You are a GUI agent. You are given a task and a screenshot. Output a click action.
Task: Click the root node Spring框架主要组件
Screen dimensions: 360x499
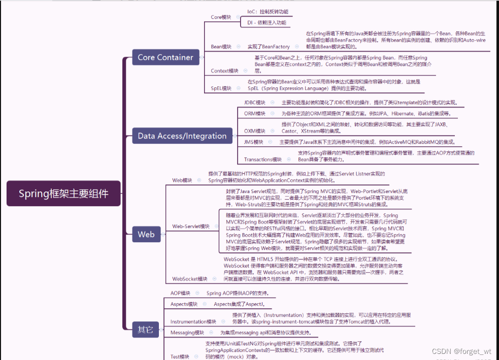tap(63, 193)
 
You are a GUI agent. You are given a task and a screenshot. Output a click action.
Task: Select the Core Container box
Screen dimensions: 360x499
tap(165, 57)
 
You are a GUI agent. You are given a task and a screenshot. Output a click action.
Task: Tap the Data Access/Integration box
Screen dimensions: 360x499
tap(182, 136)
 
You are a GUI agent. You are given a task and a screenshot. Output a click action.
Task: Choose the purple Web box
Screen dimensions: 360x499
tap(146, 234)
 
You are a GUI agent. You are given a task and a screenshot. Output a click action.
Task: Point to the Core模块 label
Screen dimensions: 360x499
tap(221, 17)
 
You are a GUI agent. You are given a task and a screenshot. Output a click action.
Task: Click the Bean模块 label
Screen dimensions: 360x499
tap(221, 47)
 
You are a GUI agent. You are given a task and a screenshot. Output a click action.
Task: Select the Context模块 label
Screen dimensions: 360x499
tap(224, 71)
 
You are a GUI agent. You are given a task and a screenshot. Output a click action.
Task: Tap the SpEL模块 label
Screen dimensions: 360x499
tap(221, 88)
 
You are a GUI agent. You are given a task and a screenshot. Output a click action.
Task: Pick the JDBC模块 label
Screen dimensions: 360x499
tap(255, 103)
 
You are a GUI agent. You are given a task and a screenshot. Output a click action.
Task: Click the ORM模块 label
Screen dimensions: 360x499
tap(255, 114)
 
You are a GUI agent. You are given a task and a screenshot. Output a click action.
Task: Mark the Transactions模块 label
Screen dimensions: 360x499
tap(262, 159)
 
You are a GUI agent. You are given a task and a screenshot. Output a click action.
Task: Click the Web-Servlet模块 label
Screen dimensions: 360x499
tap(191, 226)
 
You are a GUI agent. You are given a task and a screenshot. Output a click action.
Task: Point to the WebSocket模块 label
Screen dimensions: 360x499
tap(190, 279)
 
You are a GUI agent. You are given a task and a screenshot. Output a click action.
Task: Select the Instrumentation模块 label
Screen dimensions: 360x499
tap(193, 322)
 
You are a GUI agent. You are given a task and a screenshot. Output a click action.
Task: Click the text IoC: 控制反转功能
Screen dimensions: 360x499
tap(267, 11)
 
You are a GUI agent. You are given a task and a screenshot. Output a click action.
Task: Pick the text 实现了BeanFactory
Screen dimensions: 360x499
tap(269, 47)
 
